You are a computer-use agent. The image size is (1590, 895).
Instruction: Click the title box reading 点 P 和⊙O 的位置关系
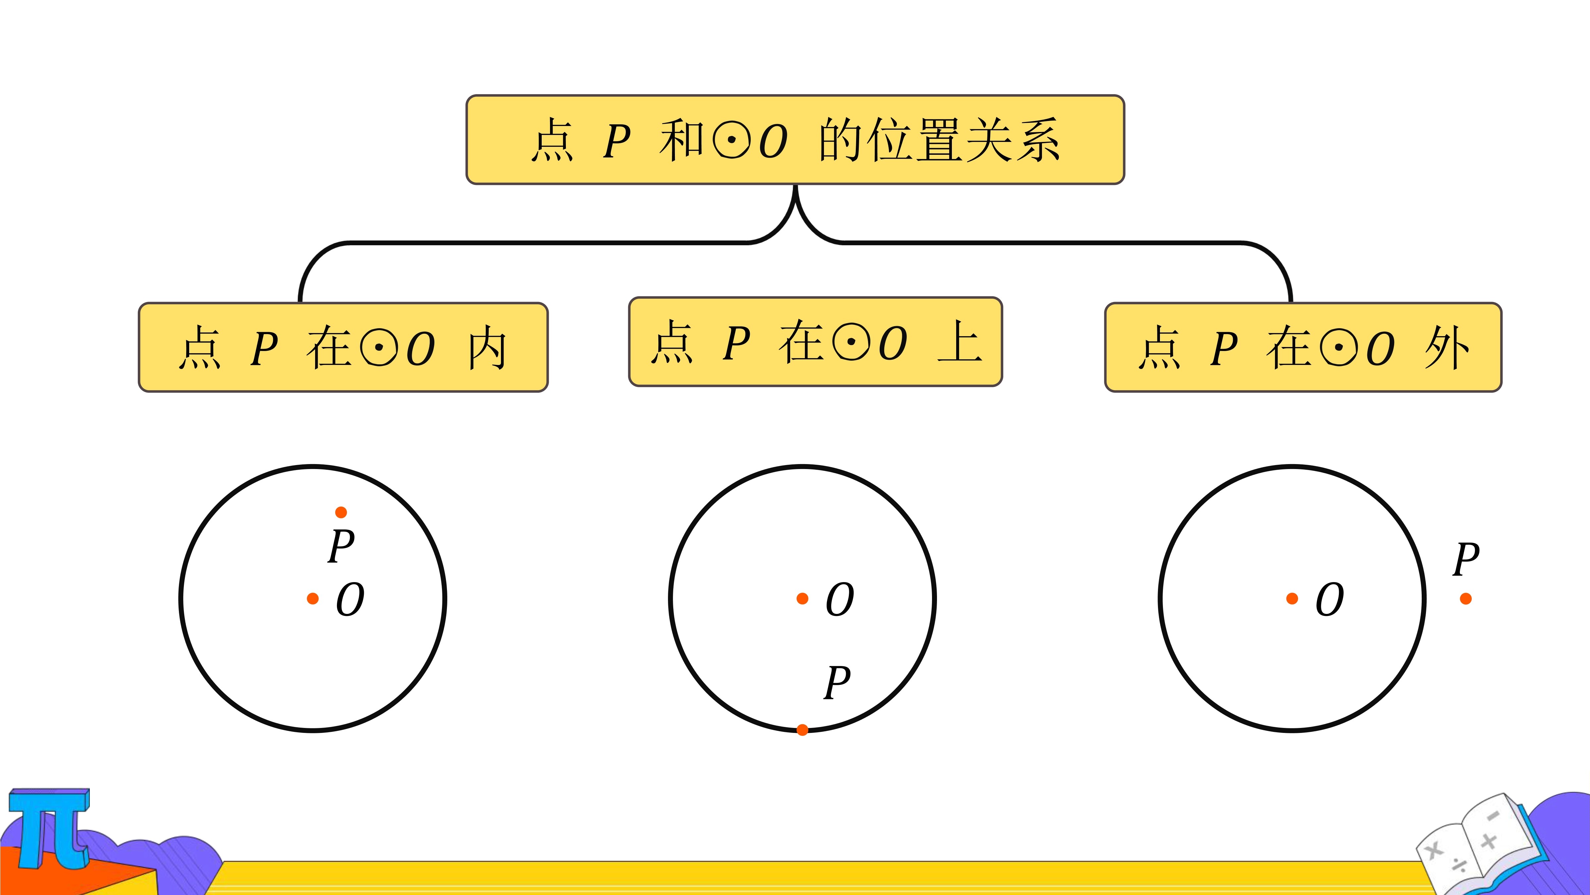[795, 140]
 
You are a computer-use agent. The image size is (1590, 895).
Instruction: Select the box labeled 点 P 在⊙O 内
[343, 347]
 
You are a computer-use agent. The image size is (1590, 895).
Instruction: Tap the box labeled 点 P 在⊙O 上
[815, 341]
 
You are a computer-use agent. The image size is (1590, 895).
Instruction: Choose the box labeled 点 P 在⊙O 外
[1303, 347]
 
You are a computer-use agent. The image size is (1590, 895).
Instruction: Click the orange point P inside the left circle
[341, 512]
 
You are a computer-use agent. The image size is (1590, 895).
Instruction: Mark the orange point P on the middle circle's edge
[802, 730]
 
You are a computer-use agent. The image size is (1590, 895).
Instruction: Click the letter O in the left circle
[350, 600]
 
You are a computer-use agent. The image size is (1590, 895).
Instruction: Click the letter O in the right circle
[1330, 600]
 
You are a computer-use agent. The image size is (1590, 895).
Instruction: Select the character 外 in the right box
[1447, 348]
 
